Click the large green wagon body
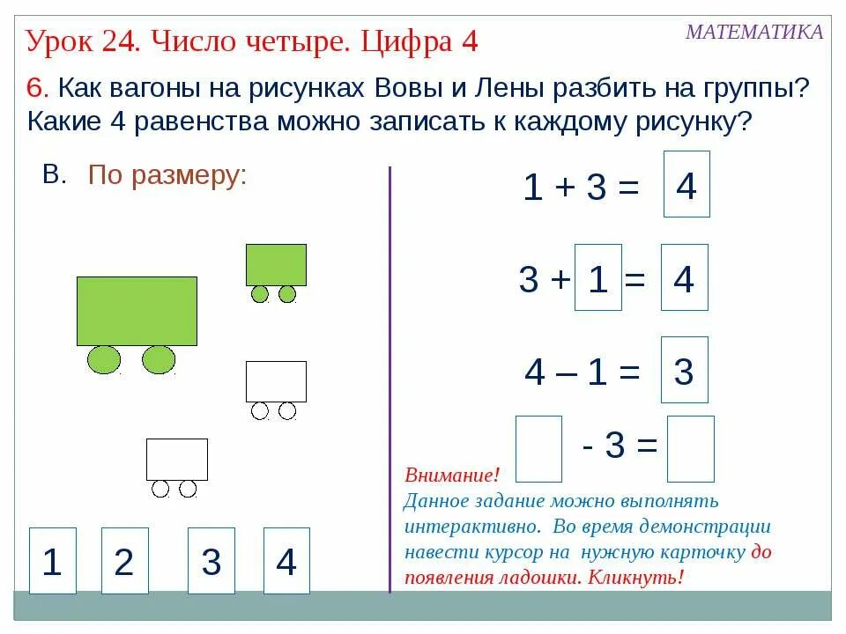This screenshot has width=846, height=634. point(137,311)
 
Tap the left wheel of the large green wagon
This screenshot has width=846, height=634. point(104,359)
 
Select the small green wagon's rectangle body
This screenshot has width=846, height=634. point(276,265)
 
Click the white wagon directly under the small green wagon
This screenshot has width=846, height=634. point(276,381)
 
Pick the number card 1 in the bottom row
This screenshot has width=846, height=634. point(53,561)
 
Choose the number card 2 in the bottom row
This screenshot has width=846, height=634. point(124,561)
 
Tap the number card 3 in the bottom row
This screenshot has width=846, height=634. point(211,561)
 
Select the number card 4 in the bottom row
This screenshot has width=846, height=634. point(286,561)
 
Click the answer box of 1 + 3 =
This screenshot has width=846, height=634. point(686,185)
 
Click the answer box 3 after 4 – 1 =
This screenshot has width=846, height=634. point(684,371)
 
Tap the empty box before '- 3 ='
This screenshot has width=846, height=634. point(538,449)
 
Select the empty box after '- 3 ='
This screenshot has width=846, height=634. point(690,449)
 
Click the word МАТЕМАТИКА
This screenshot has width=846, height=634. point(754,33)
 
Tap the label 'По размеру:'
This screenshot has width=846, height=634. point(167,176)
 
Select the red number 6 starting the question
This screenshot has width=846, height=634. point(35,88)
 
